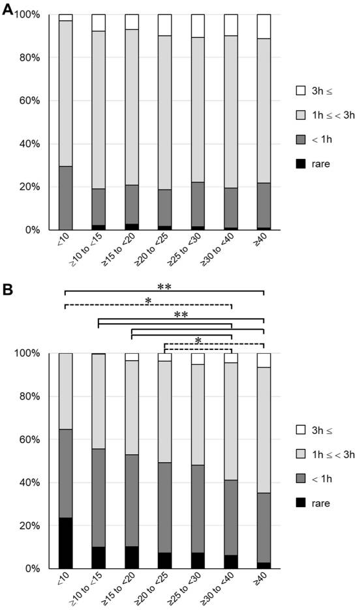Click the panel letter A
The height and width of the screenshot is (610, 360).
8,9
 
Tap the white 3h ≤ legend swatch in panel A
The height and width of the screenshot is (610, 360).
301,91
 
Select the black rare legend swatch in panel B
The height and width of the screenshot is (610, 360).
301,502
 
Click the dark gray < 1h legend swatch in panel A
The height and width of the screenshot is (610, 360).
301,139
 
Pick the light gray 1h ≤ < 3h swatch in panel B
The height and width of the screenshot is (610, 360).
301,454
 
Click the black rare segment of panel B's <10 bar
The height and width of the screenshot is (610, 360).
66,543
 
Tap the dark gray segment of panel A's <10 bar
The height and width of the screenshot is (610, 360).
66,198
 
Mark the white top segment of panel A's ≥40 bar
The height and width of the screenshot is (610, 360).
264,27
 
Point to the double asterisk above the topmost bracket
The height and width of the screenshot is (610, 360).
164,287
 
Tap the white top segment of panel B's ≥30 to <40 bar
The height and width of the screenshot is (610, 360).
231,358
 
